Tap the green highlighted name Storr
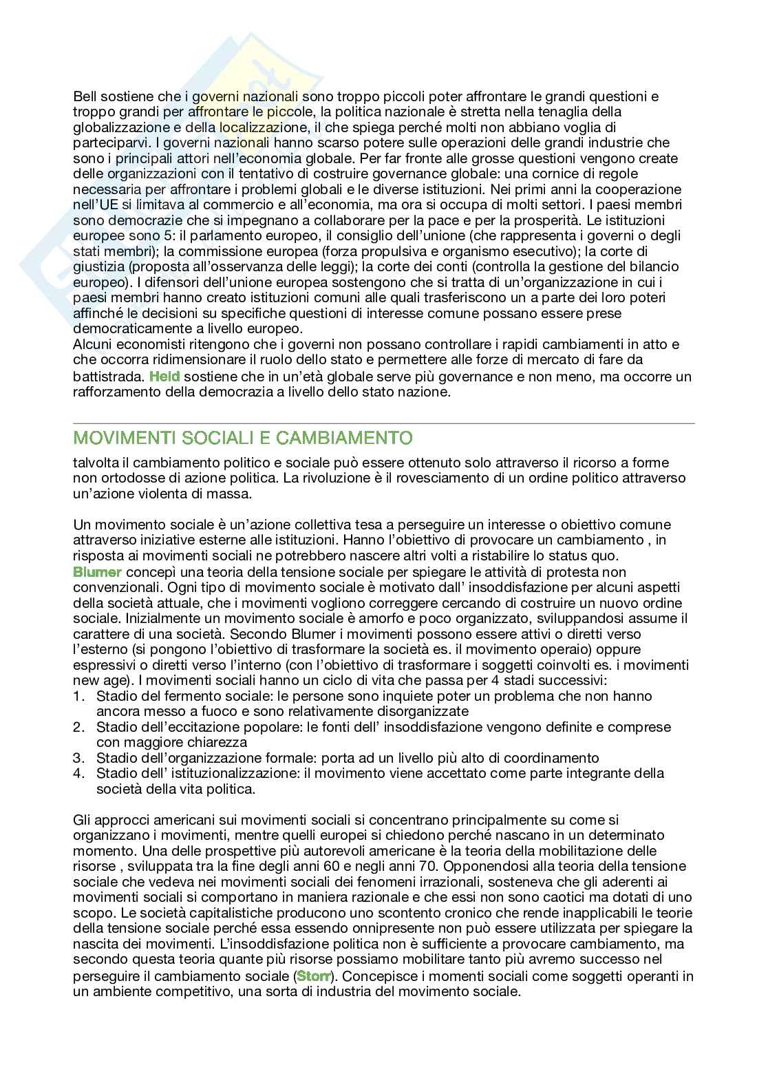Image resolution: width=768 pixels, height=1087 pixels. pyautogui.click(x=313, y=977)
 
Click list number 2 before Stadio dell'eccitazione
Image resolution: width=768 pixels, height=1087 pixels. pyautogui.click(x=77, y=727)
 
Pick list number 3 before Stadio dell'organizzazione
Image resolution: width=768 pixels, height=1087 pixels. pyautogui.click(x=77, y=758)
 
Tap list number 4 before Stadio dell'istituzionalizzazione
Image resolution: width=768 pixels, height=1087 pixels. pyautogui.click(x=77, y=773)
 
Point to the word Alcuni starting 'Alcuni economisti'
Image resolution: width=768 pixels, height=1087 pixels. pyautogui.click(x=92, y=344)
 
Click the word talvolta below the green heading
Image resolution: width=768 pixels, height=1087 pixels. pyautogui.click(x=96, y=463)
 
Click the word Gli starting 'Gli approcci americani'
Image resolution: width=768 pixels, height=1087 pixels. pyautogui.click(x=81, y=820)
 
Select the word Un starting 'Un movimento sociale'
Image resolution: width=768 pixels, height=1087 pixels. pyautogui.click(x=81, y=525)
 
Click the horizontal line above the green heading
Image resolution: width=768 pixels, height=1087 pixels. pyautogui.click(x=384, y=423)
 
